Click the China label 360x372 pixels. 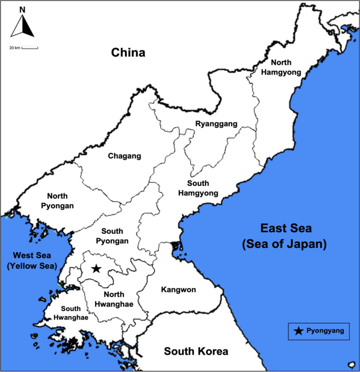127,53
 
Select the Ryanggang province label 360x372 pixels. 216,124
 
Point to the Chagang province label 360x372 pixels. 125,156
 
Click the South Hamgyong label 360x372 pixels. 198,189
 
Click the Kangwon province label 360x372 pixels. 179,290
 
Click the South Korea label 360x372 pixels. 196,351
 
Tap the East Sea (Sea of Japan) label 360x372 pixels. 286,236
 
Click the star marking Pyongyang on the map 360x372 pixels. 96,268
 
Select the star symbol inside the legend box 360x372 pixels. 299,330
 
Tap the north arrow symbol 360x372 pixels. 23,26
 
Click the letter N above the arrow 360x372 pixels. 22,9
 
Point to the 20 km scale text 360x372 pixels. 14,48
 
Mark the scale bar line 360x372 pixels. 30,48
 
